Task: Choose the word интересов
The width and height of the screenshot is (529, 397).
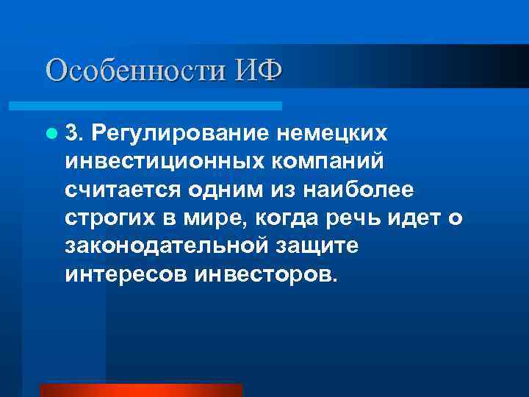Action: point(126,275)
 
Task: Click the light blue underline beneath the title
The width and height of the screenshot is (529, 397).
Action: point(162,106)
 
